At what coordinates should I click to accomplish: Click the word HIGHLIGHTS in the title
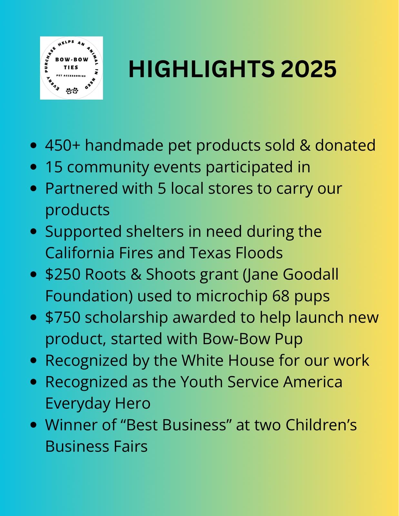click(201, 69)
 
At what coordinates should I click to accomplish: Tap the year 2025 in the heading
click(308, 69)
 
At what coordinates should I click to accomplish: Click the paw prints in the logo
click(72, 91)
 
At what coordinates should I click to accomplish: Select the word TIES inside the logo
click(71, 67)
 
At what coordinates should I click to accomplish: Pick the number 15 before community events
click(54, 167)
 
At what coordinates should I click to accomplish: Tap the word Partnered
click(82, 188)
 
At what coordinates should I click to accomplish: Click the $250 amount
click(63, 274)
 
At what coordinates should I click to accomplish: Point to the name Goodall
click(310, 274)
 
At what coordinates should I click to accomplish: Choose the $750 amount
click(63, 317)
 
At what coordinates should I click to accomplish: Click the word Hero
click(133, 403)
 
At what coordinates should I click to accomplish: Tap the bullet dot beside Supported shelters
click(34, 232)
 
